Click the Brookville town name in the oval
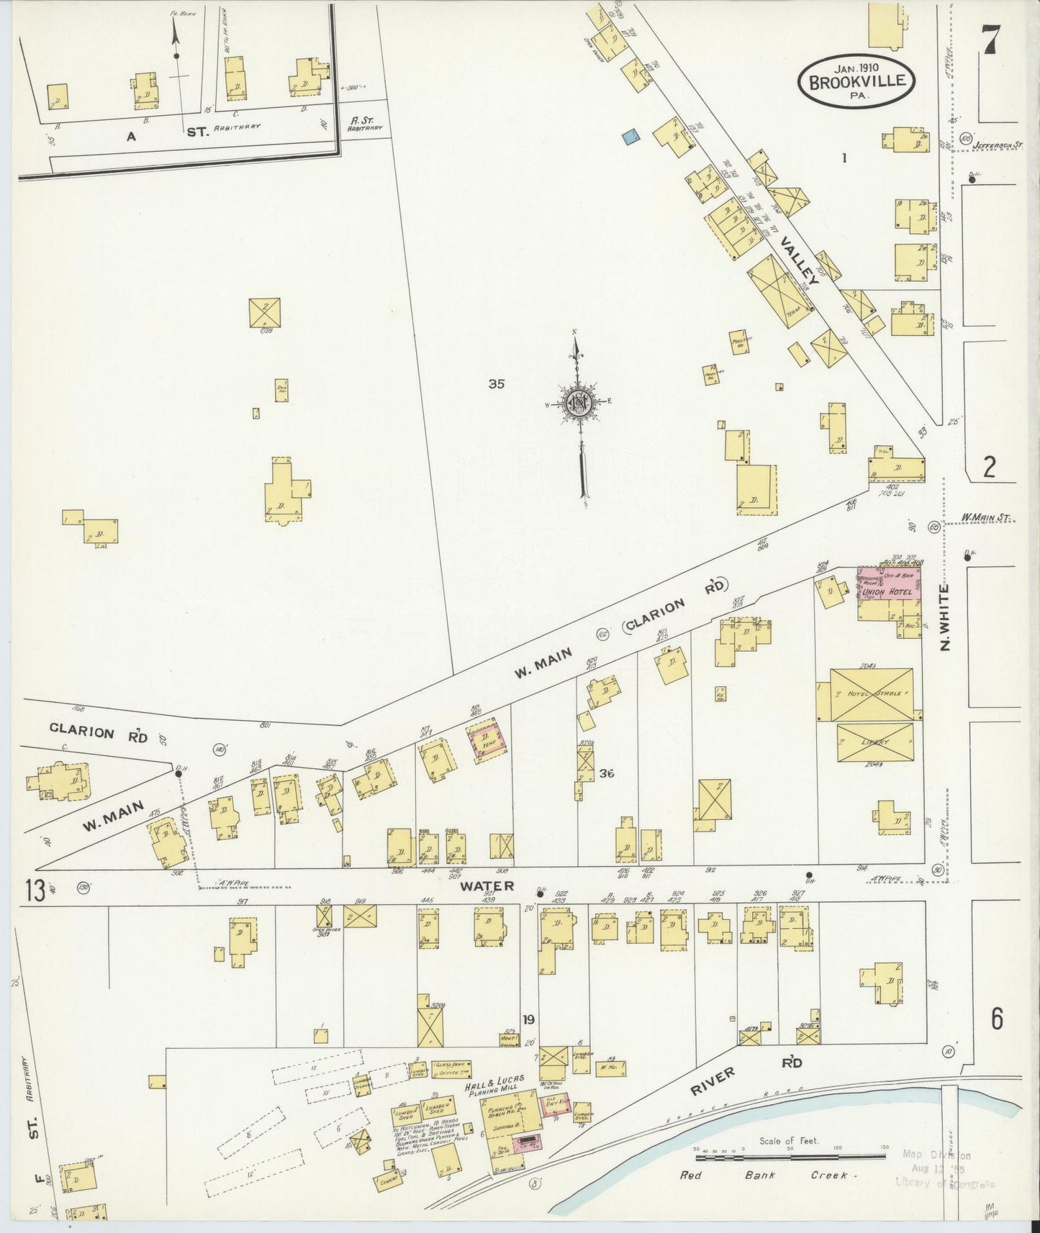point(856,81)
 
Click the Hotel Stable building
point(872,694)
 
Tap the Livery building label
point(874,742)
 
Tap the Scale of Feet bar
point(790,1157)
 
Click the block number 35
point(497,384)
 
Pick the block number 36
point(607,774)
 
